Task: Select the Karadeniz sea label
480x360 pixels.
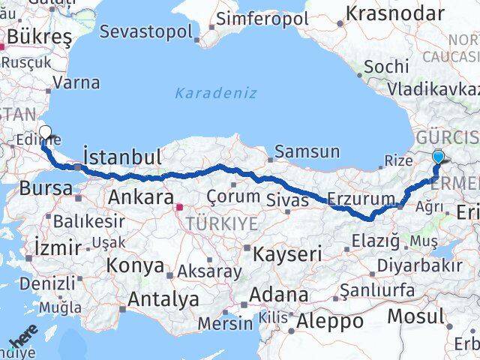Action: pyautogui.click(x=216, y=94)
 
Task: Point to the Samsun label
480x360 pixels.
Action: pyautogui.click(x=307, y=152)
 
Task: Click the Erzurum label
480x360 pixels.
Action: pyautogui.click(x=361, y=199)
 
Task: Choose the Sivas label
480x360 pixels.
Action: pyautogui.click(x=288, y=200)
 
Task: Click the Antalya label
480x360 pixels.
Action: pyautogui.click(x=163, y=299)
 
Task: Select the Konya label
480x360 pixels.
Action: pyautogui.click(x=136, y=265)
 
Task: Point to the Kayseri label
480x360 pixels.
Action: pyautogui.click(x=286, y=253)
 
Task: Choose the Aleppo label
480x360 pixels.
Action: pyautogui.click(x=330, y=322)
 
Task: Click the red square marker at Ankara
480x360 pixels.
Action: pyautogui.click(x=179, y=208)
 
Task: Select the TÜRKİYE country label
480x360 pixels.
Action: pyautogui.click(x=222, y=223)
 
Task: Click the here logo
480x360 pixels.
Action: pyautogui.click(x=24, y=341)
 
